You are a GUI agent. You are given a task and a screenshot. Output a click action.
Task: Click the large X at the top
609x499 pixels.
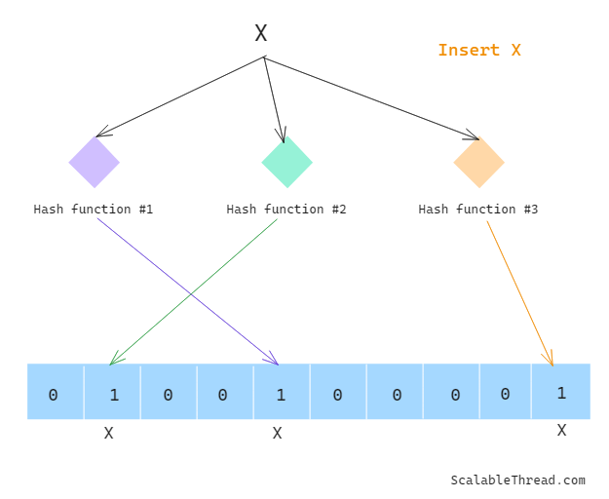261,34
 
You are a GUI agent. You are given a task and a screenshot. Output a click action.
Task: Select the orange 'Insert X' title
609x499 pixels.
478,51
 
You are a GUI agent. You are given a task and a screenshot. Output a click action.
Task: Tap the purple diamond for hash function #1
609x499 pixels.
94,162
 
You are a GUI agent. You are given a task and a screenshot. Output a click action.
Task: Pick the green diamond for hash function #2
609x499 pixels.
286,162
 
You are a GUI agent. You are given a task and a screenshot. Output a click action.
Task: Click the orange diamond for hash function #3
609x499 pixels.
478,162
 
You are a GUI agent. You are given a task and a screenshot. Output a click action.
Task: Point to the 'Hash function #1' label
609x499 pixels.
94,210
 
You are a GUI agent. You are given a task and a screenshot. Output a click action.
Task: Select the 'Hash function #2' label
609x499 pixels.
286,210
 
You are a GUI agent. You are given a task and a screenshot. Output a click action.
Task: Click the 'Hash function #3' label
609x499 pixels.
478,210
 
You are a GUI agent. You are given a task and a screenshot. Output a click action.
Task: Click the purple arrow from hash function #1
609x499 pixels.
187,291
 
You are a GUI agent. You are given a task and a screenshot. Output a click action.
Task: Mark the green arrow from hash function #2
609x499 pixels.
194,291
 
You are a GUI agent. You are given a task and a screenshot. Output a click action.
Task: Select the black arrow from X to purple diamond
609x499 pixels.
180,96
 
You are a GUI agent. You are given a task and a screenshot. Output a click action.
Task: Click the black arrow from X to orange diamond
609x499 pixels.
370,97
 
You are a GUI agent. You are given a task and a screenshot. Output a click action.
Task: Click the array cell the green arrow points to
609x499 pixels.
112,393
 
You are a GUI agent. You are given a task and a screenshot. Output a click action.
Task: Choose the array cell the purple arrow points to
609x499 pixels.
282,393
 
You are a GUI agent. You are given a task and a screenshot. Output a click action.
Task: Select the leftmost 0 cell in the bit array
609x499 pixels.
55,393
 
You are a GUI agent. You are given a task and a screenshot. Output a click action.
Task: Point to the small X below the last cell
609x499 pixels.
561,430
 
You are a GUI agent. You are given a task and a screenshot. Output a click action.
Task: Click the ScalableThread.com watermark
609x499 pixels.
517,480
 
